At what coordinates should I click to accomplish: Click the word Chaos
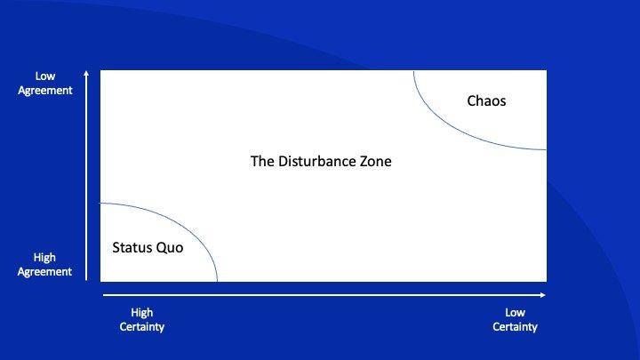486,101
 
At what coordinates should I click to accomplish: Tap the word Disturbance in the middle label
319,163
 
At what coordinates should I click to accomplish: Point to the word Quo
170,248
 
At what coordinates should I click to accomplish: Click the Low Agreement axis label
45,84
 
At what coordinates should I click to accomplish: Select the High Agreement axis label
45,265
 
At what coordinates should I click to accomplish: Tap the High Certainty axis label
142,320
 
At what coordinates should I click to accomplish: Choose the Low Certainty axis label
515,320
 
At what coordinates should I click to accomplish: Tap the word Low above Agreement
45,76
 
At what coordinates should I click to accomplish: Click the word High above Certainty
142,313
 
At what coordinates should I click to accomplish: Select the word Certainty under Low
515,327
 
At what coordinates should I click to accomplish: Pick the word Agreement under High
45,272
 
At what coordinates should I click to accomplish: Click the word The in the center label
261,163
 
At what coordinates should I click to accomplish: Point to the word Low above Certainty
515,313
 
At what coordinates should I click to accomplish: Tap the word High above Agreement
45,258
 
